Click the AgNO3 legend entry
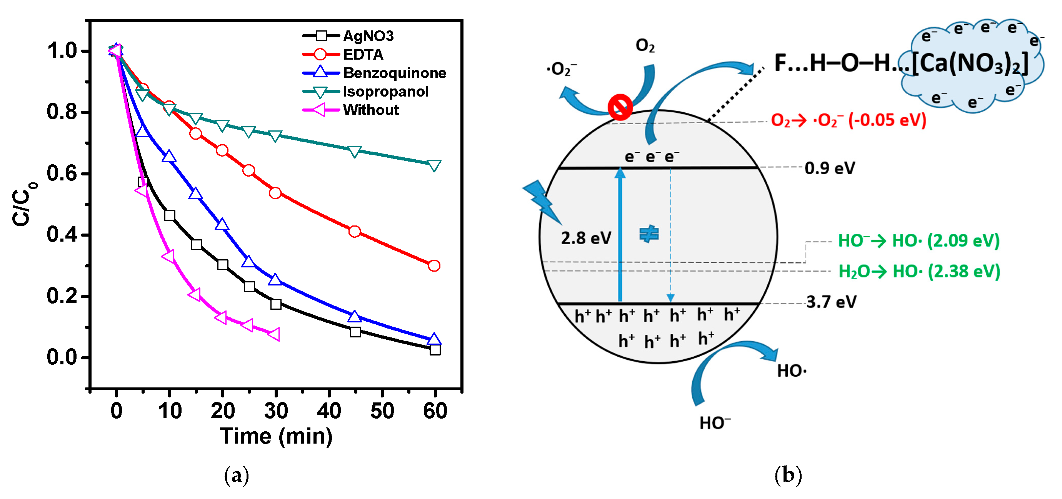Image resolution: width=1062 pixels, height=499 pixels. tap(368, 36)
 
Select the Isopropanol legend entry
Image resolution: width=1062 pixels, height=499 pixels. tap(385, 92)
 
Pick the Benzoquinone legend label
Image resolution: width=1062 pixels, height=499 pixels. tap(395, 73)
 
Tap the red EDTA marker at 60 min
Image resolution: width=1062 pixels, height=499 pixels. tap(434, 265)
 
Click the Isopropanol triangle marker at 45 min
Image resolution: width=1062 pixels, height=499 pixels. tap(355, 151)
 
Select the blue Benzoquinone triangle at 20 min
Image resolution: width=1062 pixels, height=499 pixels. tap(222, 224)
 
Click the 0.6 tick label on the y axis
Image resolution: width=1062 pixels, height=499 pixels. tap(62, 173)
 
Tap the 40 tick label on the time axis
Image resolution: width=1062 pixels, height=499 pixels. tap(329, 411)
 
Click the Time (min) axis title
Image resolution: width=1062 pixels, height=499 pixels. tap(276, 436)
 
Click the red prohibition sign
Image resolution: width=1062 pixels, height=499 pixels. tap(620, 107)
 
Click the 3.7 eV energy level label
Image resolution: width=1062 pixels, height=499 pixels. tap(831, 302)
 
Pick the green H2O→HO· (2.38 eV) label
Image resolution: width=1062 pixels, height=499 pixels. tap(919, 271)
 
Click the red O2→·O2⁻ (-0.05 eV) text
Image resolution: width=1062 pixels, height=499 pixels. tap(849, 120)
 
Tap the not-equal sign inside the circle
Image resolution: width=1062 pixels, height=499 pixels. tap(649, 234)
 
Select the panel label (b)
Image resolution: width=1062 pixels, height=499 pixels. tap(788, 475)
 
